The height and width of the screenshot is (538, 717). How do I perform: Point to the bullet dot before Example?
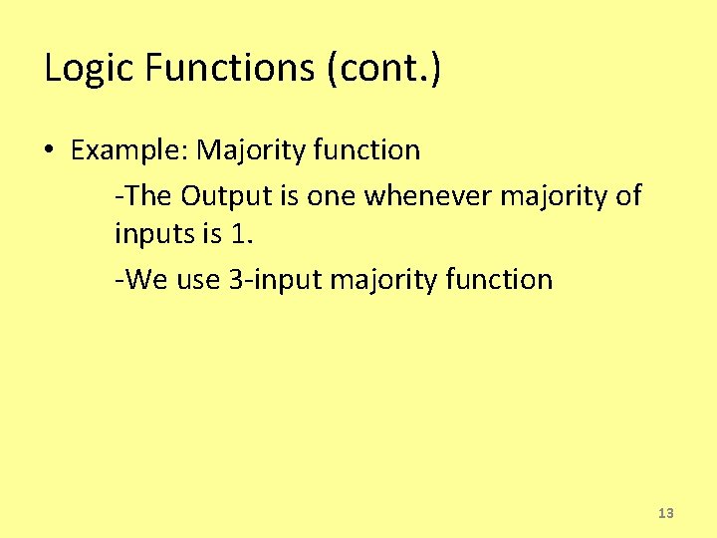[x=49, y=151]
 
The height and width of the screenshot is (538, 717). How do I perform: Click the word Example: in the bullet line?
[x=129, y=151]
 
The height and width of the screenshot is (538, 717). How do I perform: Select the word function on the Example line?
[x=366, y=151]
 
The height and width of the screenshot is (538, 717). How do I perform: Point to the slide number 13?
[x=666, y=513]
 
